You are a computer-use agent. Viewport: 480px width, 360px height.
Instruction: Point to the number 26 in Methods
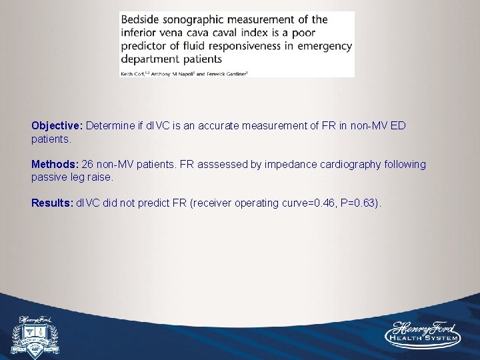[x=88, y=164]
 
